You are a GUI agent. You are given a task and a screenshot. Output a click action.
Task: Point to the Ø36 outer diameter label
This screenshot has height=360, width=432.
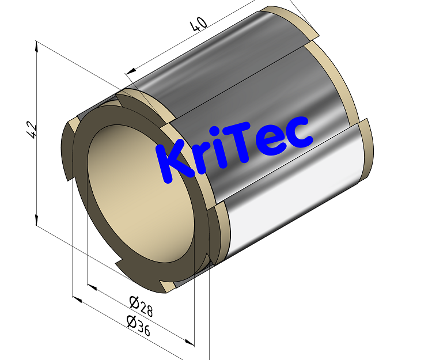point(138,325)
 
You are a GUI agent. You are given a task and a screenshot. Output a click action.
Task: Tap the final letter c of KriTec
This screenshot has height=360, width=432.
point(299,132)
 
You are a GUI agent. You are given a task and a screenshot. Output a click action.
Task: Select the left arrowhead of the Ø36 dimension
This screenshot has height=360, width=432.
point(75,298)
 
